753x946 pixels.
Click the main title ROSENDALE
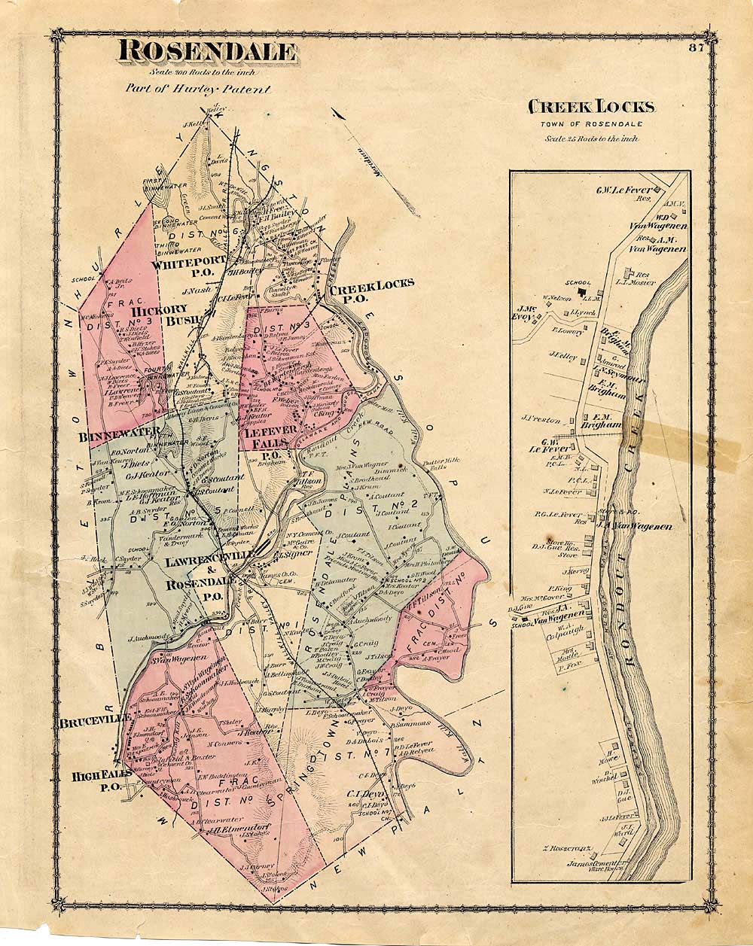tap(206, 52)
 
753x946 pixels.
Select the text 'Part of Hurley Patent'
tap(198, 87)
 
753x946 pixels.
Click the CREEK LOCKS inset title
tap(591, 107)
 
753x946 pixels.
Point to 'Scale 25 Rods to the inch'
tap(591, 138)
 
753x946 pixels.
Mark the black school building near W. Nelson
tap(581, 291)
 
